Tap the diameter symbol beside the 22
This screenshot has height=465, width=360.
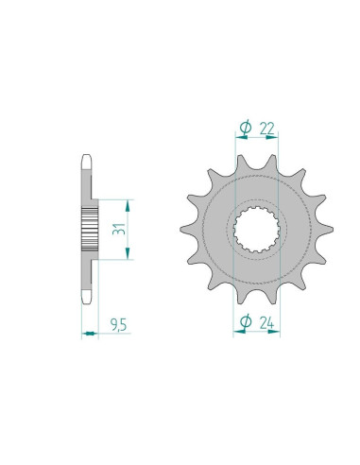tap(245, 127)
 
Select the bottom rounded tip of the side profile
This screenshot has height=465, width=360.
tap(88, 301)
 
